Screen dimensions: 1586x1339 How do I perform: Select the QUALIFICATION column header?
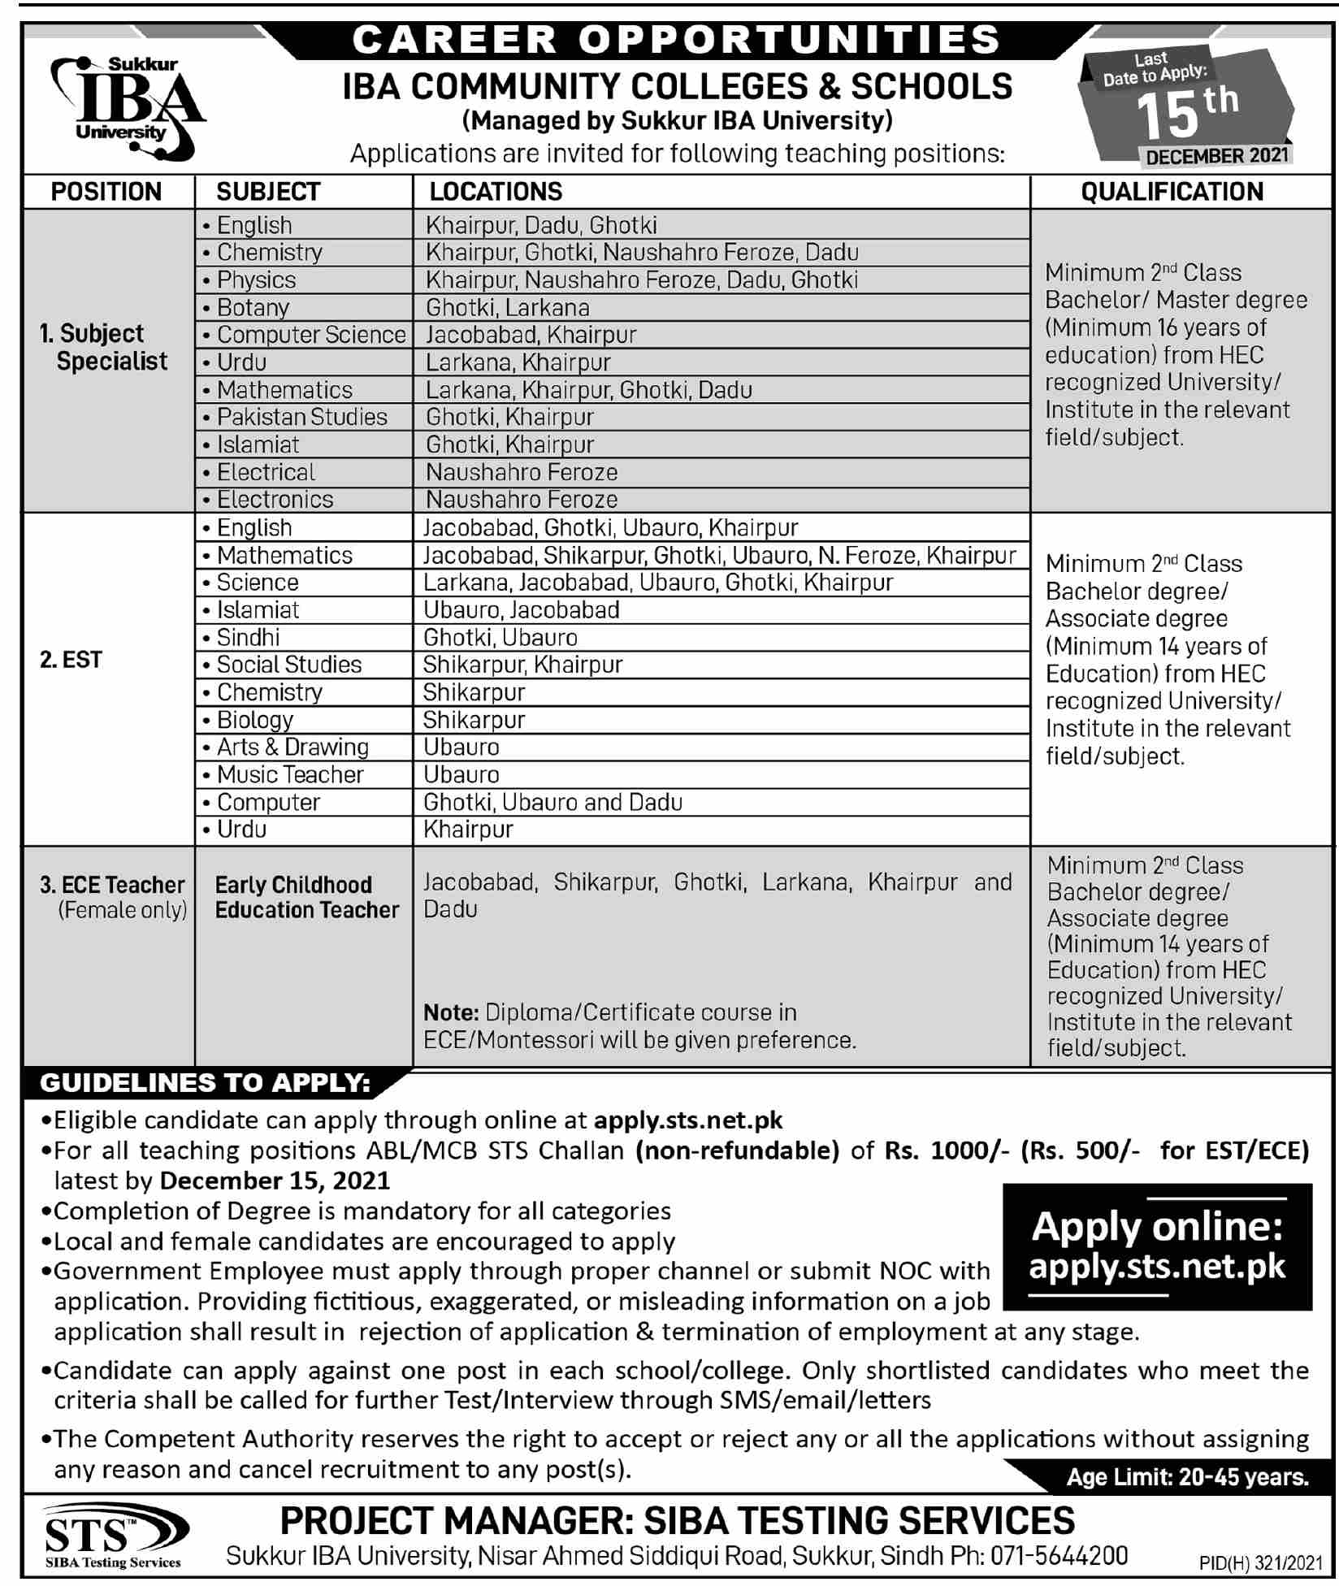1172,192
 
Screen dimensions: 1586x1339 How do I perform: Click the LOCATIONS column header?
496,192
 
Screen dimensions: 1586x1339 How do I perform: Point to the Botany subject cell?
253,308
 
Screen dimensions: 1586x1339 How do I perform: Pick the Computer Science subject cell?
310,335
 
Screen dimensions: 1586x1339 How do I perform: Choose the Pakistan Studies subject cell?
301,417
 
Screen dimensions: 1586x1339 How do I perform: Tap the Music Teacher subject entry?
289,774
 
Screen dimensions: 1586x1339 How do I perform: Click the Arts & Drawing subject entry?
292,747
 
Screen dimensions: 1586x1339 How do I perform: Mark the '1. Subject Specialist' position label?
104,347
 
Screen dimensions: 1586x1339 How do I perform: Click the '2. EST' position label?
71,659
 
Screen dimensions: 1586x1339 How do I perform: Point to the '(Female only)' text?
122,909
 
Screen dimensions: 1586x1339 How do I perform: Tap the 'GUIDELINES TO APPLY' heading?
206,1082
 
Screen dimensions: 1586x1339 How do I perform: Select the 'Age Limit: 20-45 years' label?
1187,1476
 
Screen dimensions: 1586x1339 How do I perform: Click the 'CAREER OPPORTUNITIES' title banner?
676,39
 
